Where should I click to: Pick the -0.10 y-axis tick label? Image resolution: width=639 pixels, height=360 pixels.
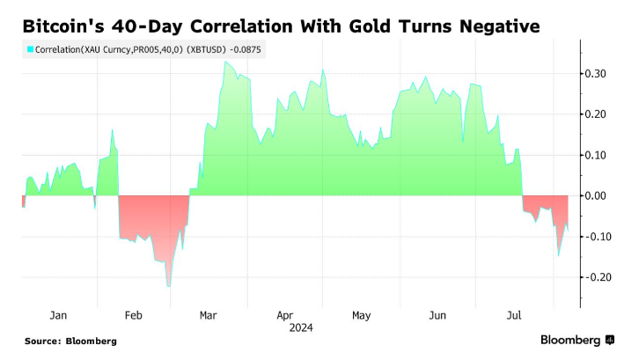pyautogui.click(x=601, y=236)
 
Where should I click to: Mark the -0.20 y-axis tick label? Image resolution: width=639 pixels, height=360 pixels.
pyautogui.click(x=601, y=277)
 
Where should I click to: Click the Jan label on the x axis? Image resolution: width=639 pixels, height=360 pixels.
pyautogui.click(x=59, y=314)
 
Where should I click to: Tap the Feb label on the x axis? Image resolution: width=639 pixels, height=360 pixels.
pyautogui.click(x=134, y=314)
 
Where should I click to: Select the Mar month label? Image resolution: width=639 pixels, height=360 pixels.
pyautogui.click(x=209, y=314)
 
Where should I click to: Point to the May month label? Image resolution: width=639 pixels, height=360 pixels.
pyautogui.click(x=361, y=314)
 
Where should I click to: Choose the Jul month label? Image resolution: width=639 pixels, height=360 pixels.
pyautogui.click(x=512, y=314)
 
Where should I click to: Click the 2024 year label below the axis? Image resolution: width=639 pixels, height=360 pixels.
pyautogui.click(x=299, y=327)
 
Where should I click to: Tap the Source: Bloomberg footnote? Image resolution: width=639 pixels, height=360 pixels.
pyautogui.click(x=70, y=341)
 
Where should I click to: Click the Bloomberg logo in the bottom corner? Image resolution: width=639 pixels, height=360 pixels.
pyautogui.click(x=577, y=340)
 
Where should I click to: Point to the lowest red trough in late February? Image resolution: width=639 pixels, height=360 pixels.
pyautogui.click(x=168, y=285)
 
